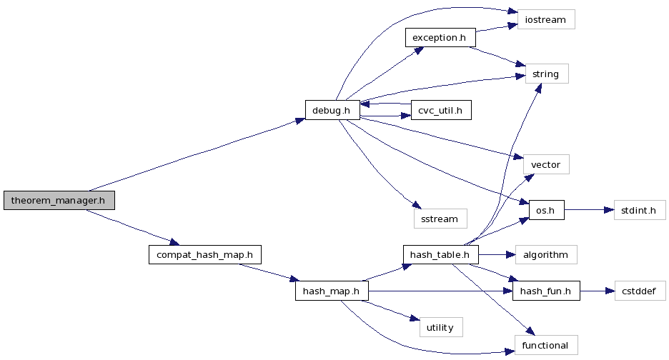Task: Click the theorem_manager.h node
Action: [59, 201]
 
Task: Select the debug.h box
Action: [332, 110]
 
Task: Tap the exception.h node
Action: [440, 37]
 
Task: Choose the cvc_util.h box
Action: [441, 110]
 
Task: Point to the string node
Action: [547, 74]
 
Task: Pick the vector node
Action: [546, 164]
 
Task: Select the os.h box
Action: [546, 210]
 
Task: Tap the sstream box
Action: [440, 219]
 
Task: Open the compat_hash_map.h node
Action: [204, 254]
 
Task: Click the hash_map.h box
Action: [331, 291]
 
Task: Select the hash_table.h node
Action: [440, 254]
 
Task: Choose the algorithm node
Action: [545, 254]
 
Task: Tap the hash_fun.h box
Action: [545, 291]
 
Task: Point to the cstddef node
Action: [640, 291]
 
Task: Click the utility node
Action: [440, 327]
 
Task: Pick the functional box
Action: [545, 346]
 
